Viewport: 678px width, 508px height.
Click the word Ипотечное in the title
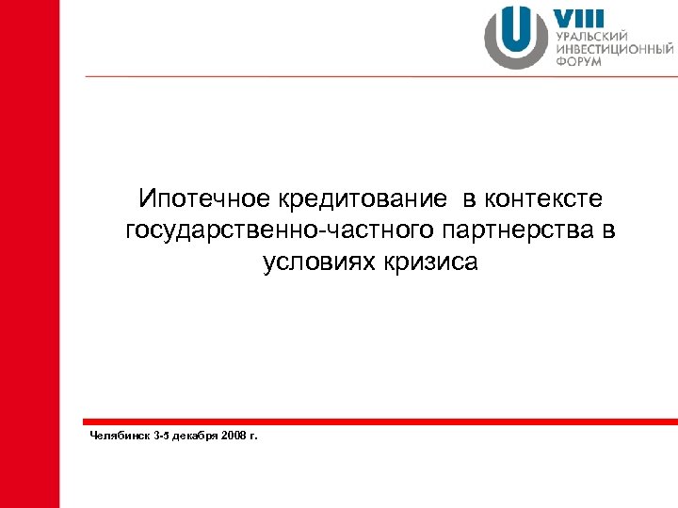pyautogui.click(x=197, y=199)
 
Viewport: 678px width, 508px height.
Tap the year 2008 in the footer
pyautogui.click(x=237, y=436)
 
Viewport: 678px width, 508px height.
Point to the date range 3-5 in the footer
pyautogui.click(x=160, y=436)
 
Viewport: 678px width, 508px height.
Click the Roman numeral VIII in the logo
pyautogui.click(x=578, y=19)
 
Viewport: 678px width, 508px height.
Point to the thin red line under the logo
pyautogui.click(x=377, y=76)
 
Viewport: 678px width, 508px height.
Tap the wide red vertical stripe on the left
pyautogui.click(x=29, y=254)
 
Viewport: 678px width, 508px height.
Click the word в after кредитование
pyautogui.click(x=468, y=199)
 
